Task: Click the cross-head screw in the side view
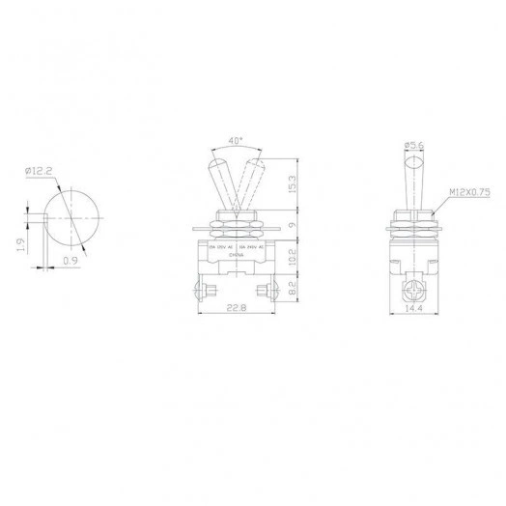tap(414, 287)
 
